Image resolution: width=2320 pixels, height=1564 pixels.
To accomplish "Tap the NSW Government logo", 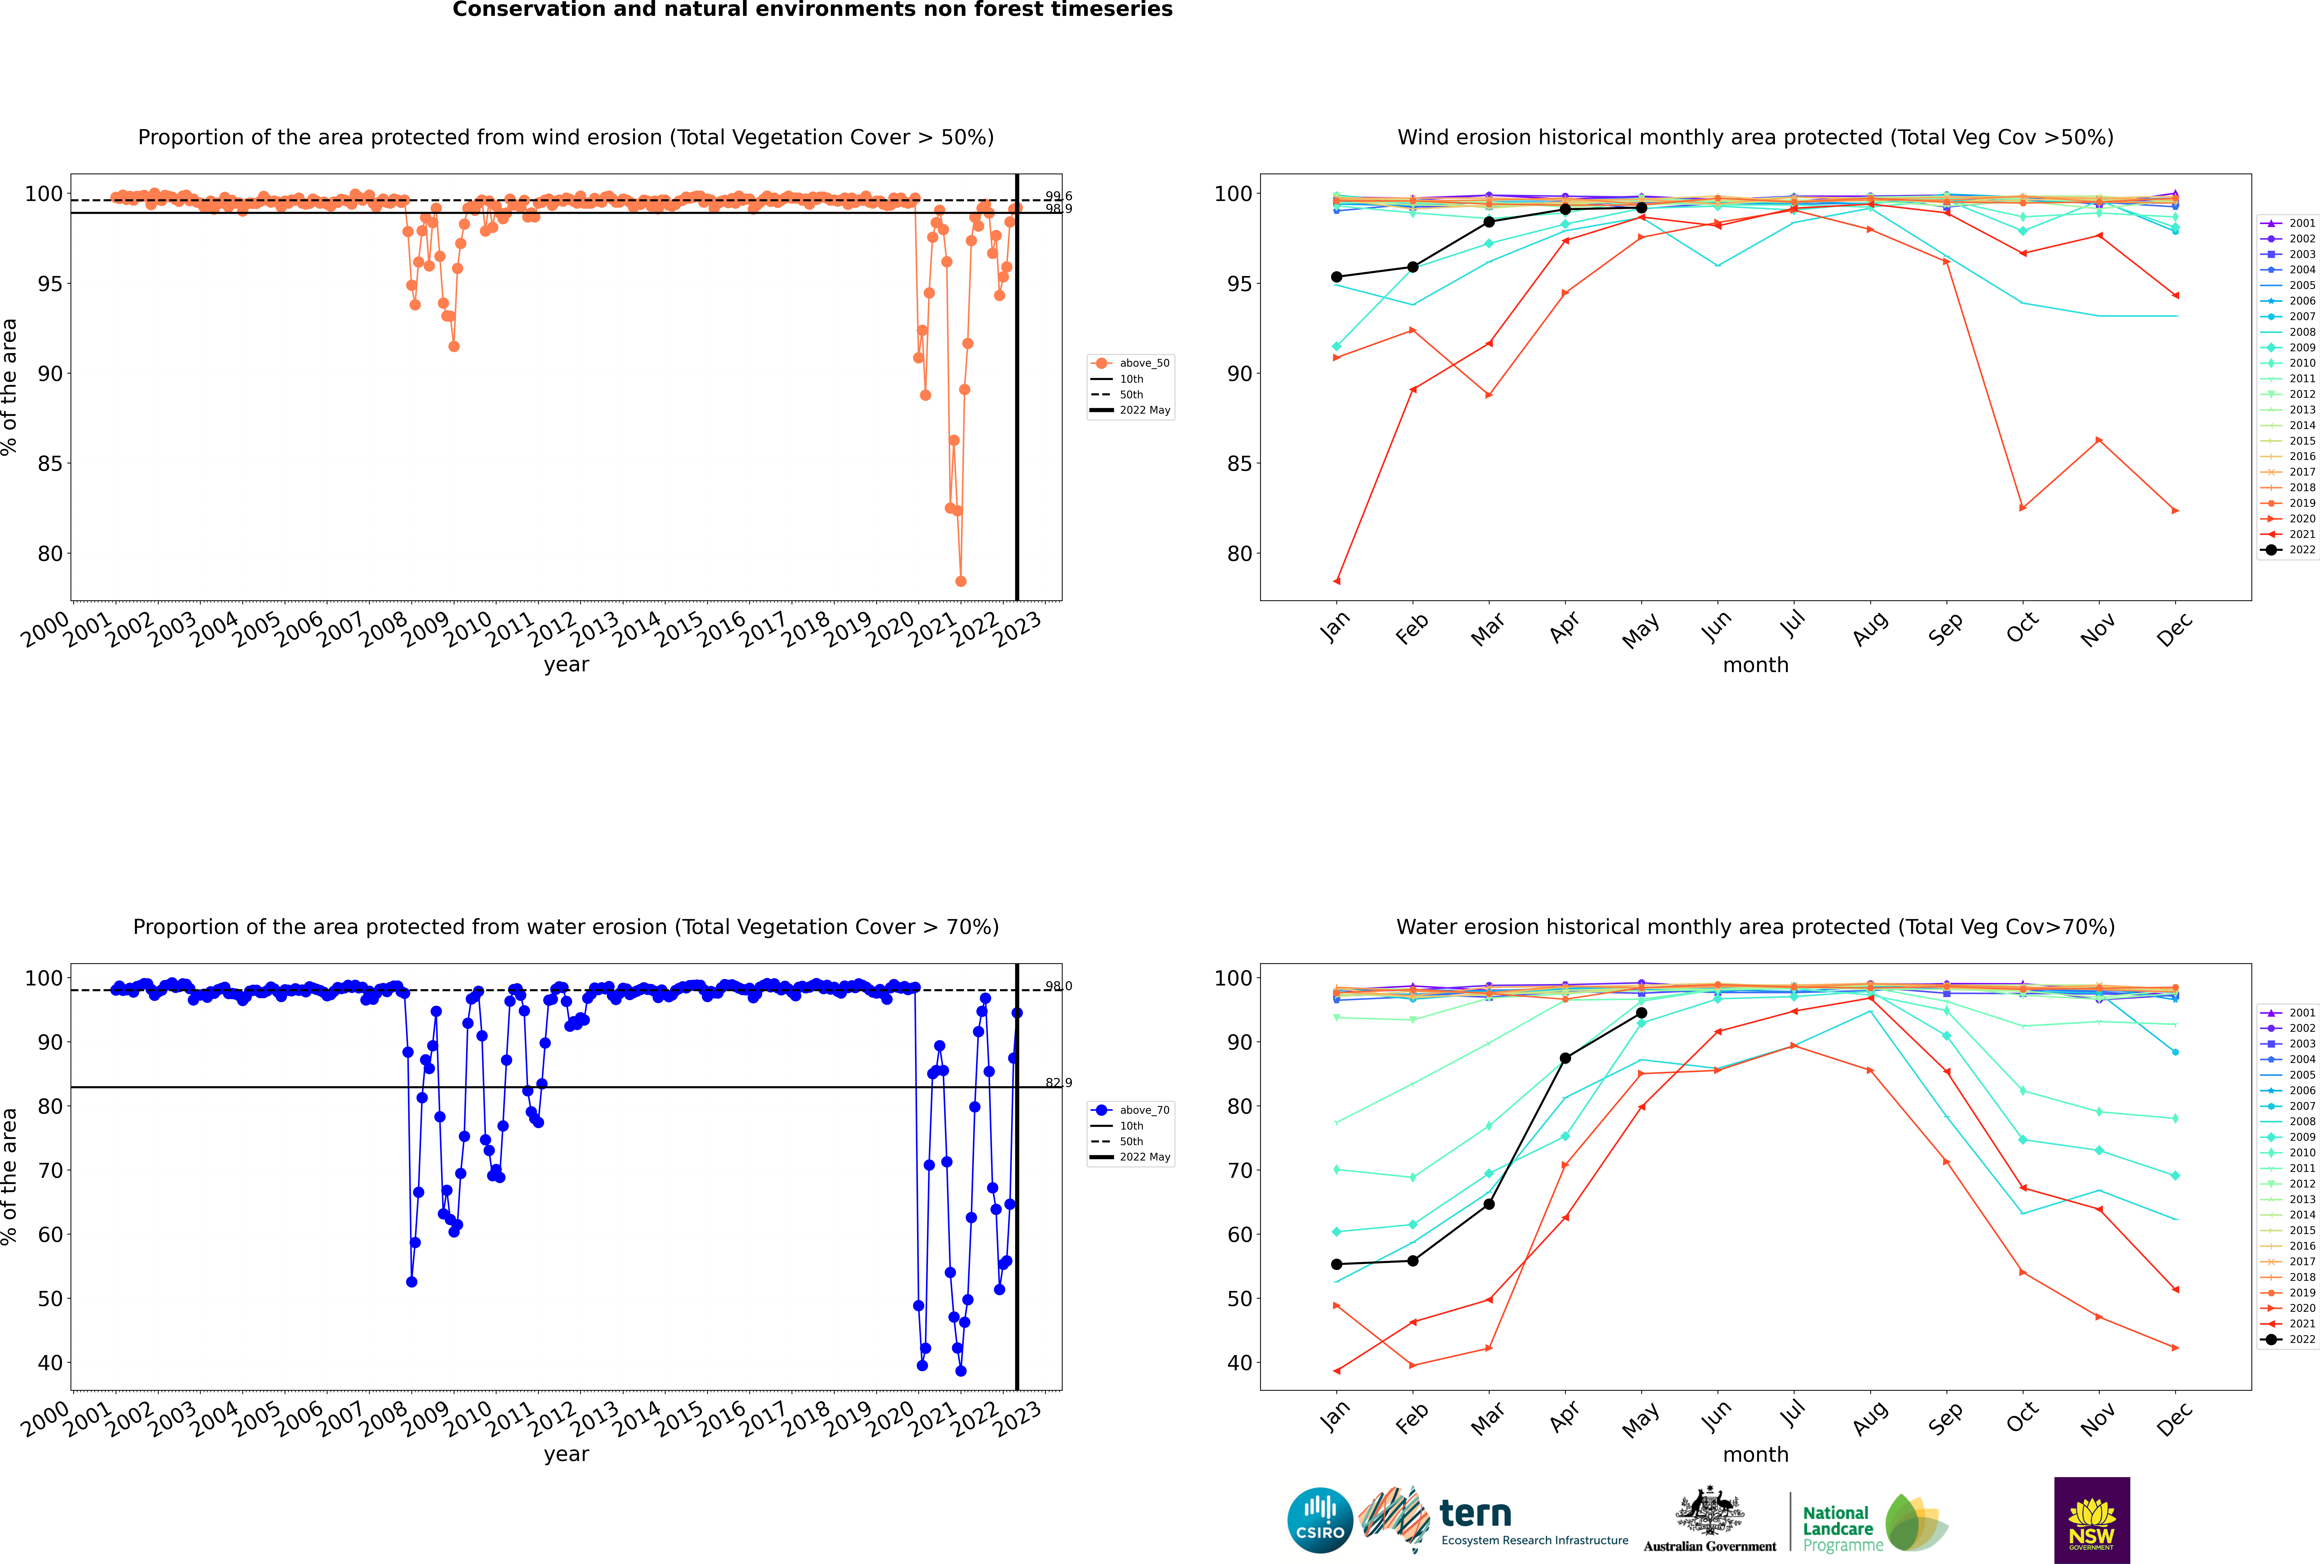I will [2092, 1519].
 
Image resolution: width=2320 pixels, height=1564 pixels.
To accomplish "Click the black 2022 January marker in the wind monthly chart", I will [1337, 277].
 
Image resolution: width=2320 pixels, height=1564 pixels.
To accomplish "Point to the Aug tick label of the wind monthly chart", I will [1869, 628].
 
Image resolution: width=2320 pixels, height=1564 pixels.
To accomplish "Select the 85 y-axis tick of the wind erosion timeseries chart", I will [50, 464].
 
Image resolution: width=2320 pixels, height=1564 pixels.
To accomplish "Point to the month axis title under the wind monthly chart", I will [1755, 665].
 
